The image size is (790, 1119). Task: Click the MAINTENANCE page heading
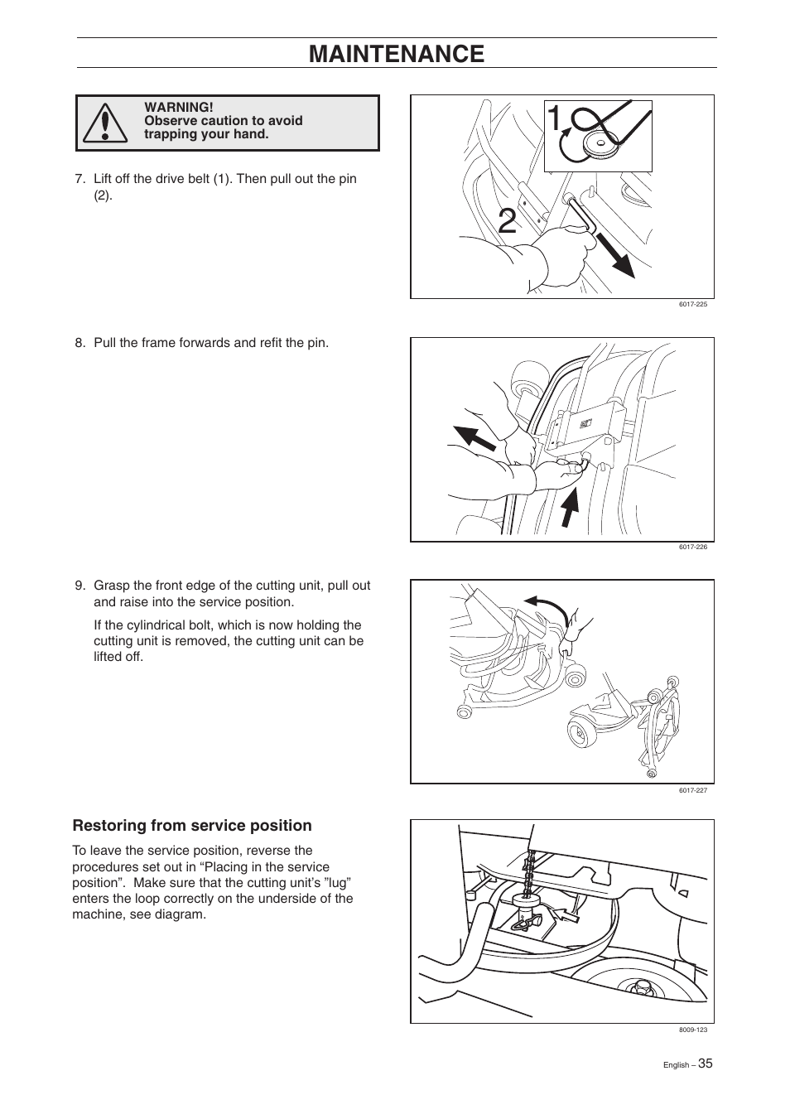pyautogui.click(x=396, y=54)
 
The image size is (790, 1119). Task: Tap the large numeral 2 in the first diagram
pyautogui.click(x=508, y=224)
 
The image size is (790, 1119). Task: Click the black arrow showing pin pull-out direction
pyautogui.click(x=617, y=258)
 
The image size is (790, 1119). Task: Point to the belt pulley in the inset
pyautogui.click(x=597, y=144)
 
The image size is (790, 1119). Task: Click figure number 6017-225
pyautogui.click(x=692, y=304)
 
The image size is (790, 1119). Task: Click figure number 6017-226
pyautogui.click(x=692, y=547)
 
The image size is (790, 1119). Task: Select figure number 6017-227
pyautogui.click(x=692, y=790)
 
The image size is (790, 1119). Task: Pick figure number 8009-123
pyautogui.click(x=692, y=1030)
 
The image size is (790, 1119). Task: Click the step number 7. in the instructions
pyautogui.click(x=80, y=179)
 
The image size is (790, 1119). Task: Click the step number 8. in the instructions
pyautogui.click(x=80, y=343)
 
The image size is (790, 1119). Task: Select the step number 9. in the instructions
pyautogui.click(x=80, y=586)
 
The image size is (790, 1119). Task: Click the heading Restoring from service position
pyautogui.click(x=192, y=826)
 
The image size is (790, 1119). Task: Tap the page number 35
pyautogui.click(x=704, y=1064)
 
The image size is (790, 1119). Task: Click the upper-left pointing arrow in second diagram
pyautogui.click(x=473, y=436)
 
